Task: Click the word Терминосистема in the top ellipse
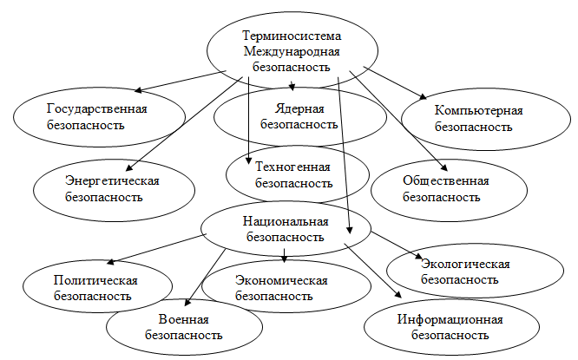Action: point(292,36)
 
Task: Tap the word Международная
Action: point(292,51)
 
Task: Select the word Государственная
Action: point(97,109)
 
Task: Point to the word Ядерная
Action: point(299,109)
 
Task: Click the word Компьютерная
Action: point(478,111)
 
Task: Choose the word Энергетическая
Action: point(112,181)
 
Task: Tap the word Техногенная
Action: point(292,167)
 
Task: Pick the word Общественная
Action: point(446,181)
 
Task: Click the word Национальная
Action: point(286,221)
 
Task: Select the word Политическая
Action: point(95,281)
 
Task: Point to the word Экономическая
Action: point(281,281)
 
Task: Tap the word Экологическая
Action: point(465,265)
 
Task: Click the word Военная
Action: point(184,319)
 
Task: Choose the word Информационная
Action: point(450,319)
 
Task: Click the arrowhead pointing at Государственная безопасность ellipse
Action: point(139,90)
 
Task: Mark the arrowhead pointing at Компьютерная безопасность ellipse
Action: point(423,96)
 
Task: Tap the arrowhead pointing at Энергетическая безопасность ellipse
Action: point(129,167)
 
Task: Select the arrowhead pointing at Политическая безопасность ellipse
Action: point(110,262)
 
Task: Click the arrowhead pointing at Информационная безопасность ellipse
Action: point(397,294)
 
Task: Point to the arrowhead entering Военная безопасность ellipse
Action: point(187,302)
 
